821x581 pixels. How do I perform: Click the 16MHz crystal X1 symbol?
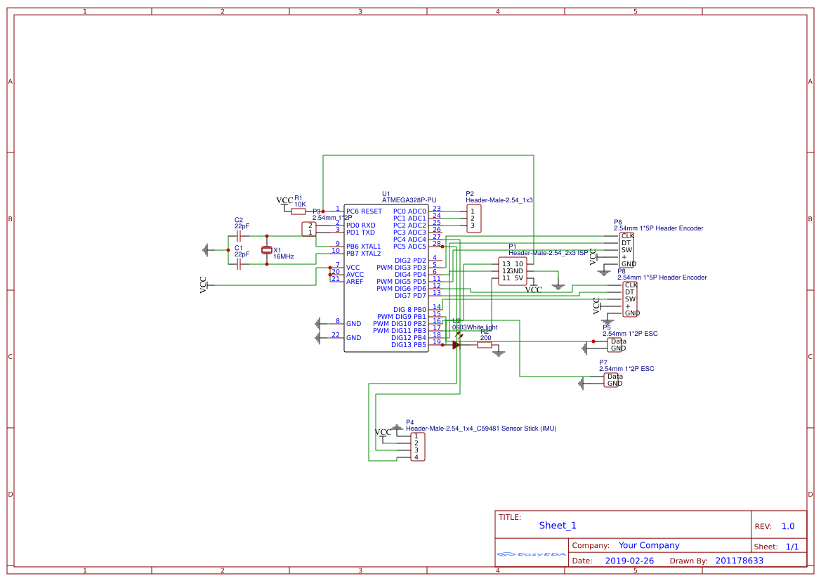click(x=266, y=250)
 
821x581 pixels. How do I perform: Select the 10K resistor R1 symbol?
click(x=298, y=211)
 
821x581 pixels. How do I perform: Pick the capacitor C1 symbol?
click(x=239, y=264)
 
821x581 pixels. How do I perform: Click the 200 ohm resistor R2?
click(x=485, y=345)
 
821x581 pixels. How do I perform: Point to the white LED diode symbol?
click(x=457, y=345)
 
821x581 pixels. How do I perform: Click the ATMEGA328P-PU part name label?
click(x=409, y=200)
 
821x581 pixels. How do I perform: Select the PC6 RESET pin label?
click(x=364, y=211)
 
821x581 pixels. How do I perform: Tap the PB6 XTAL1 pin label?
click(x=363, y=247)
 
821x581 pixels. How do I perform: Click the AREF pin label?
click(x=355, y=282)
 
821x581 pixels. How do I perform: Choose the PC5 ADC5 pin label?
click(x=409, y=247)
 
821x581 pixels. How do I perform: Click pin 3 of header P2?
click(x=473, y=226)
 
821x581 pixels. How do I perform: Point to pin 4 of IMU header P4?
click(x=416, y=457)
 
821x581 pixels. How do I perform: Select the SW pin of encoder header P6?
click(x=626, y=250)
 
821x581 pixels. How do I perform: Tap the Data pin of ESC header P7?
click(x=615, y=377)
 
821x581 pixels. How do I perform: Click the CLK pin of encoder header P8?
click(x=631, y=285)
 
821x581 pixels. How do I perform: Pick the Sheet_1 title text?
click(x=558, y=525)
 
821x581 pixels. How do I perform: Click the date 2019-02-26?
click(x=629, y=561)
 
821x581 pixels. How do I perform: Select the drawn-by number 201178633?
click(x=739, y=561)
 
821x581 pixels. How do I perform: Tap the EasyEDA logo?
click(x=531, y=554)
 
